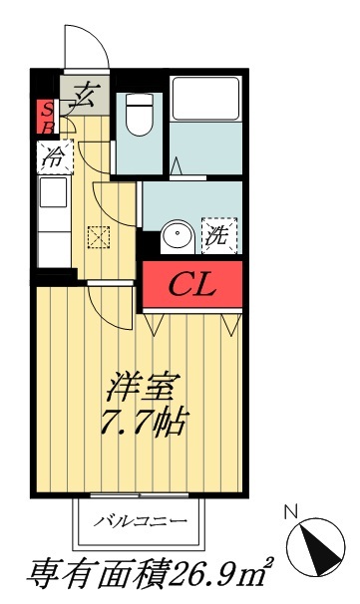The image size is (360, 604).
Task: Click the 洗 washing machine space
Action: pyautogui.click(x=217, y=235)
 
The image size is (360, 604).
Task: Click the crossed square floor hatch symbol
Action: pyautogui.click(x=98, y=236)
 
